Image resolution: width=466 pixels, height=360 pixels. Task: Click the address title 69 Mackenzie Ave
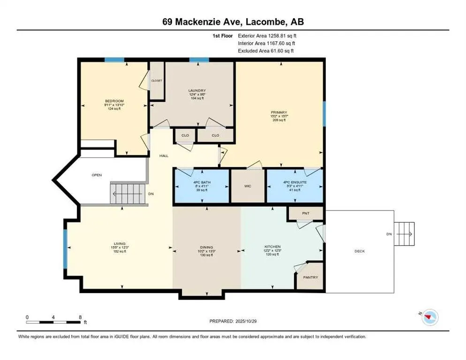pyautogui.click(x=233, y=22)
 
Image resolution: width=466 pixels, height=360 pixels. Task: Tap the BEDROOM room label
pyautogui.click(x=114, y=101)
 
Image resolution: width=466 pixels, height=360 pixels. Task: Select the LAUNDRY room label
pyautogui.click(x=197, y=90)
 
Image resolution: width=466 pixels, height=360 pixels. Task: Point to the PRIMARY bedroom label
pyautogui.click(x=278, y=112)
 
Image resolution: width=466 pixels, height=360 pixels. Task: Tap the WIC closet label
pyautogui.click(x=248, y=186)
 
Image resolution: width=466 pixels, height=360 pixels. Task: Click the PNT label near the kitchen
pyautogui.click(x=306, y=213)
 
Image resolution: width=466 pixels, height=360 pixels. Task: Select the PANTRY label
pyautogui.click(x=310, y=277)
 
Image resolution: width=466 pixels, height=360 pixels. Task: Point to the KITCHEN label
pyautogui.click(x=271, y=247)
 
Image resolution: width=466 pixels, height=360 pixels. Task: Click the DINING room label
pyautogui.click(x=206, y=247)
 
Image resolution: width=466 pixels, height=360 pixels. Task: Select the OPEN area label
pyautogui.click(x=97, y=175)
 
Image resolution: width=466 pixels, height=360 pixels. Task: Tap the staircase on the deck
pyautogui.click(x=404, y=234)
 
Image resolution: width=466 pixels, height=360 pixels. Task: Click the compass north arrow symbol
pyautogui.click(x=428, y=318)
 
